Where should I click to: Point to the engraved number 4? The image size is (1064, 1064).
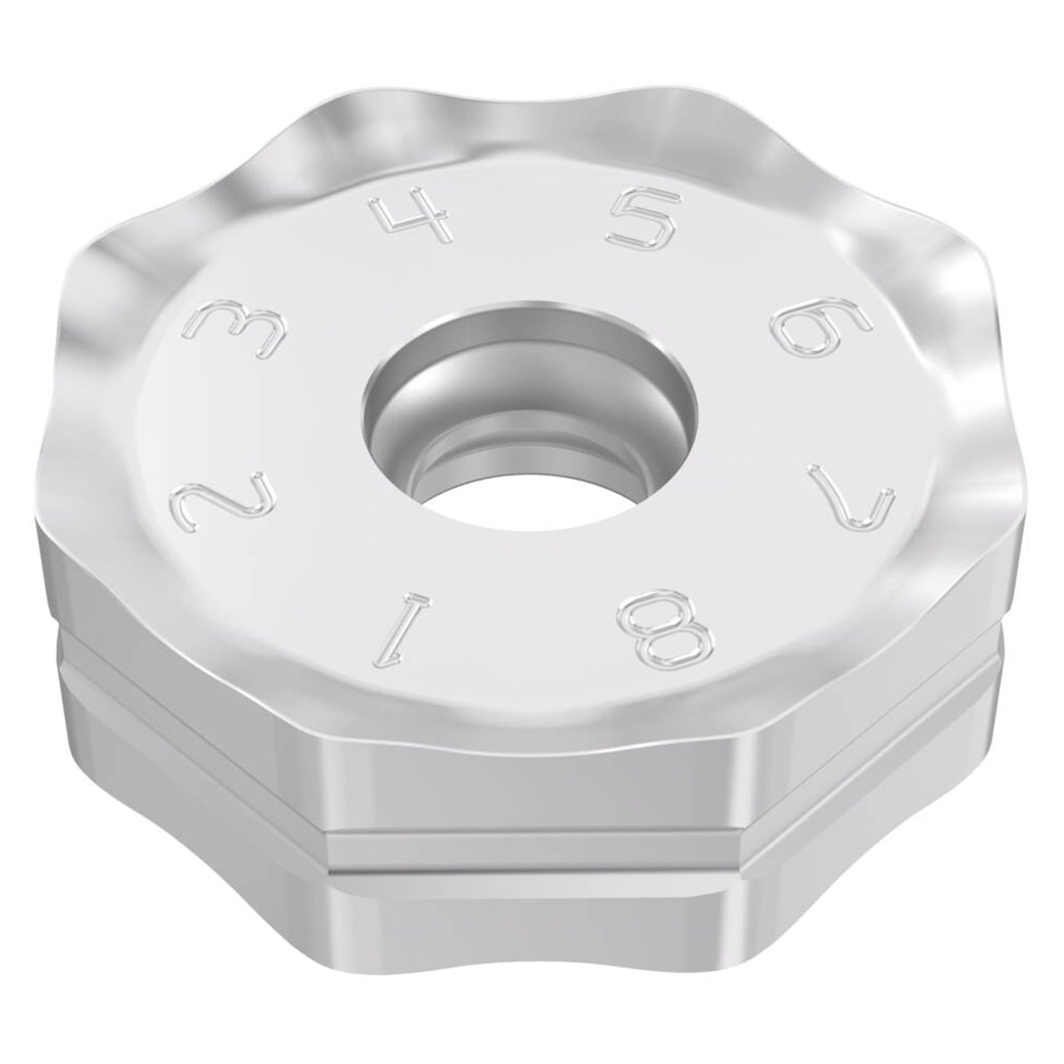coord(413,214)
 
